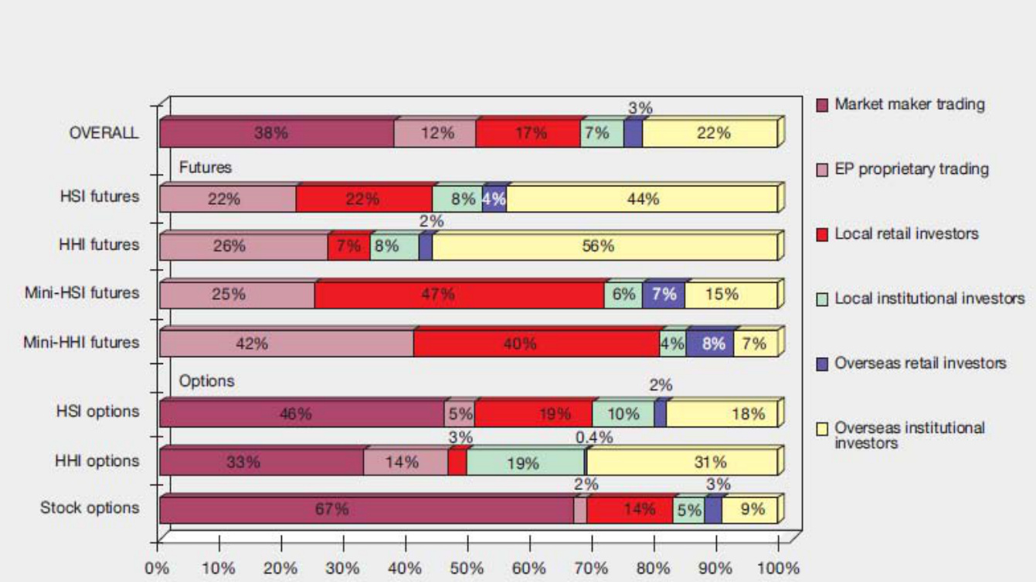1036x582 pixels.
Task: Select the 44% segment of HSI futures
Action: (x=642, y=199)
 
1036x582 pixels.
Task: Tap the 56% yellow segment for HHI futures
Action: (x=604, y=247)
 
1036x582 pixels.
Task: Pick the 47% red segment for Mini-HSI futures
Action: (x=459, y=294)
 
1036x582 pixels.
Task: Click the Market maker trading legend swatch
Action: (x=823, y=104)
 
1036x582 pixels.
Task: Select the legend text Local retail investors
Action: (x=906, y=233)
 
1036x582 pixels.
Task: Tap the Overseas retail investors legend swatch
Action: (x=823, y=363)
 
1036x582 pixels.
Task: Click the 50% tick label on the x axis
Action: (x=467, y=569)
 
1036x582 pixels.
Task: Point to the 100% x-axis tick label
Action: (x=776, y=569)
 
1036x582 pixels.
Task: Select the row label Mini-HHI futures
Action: (x=81, y=342)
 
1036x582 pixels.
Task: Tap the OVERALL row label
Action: (x=104, y=132)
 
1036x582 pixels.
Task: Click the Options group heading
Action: (x=206, y=381)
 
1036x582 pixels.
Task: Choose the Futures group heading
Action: (x=206, y=167)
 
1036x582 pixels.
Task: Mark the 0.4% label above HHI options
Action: (x=594, y=437)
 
